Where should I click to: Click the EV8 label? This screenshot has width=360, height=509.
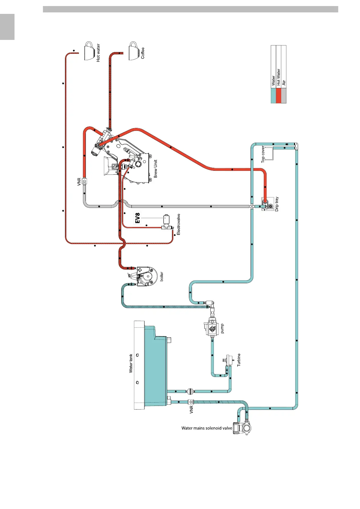click(x=138, y=218)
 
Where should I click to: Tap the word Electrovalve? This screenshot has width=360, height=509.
click(x=178, y=224)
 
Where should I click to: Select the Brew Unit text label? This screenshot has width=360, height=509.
click(x=155, y=169)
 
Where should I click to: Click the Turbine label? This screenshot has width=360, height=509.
click(x=239, y=360)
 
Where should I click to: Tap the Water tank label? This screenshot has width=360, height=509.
click(x=131, y=363)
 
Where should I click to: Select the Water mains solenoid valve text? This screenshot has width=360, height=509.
click(x=207, y=428)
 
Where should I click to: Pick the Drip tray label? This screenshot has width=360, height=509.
click(x=277, y=204)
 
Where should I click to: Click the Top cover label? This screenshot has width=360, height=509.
click(x=263, y=154)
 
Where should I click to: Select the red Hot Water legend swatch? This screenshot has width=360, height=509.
click(x=278, y=96)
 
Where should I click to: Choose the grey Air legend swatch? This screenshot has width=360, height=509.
click(x=284, y=96)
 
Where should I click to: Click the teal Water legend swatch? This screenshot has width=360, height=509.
click(x=273, y=96)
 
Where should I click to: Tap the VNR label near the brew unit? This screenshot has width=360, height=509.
click(x=79, y=181)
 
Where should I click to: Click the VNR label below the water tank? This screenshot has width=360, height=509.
click(x=191, y=410)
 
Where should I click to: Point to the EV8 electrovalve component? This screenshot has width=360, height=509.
click(x=166, y=222)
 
